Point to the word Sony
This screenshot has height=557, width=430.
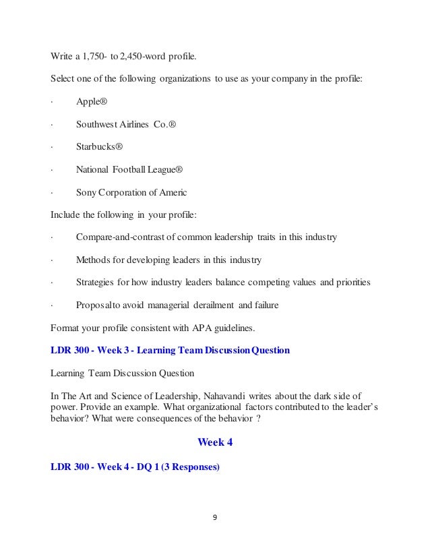[x=87, y=192]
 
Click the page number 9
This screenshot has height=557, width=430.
[x=215, y=519]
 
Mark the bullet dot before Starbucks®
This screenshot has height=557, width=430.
[x=52, y=147]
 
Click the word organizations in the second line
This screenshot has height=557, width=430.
[x=185, y=79]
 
